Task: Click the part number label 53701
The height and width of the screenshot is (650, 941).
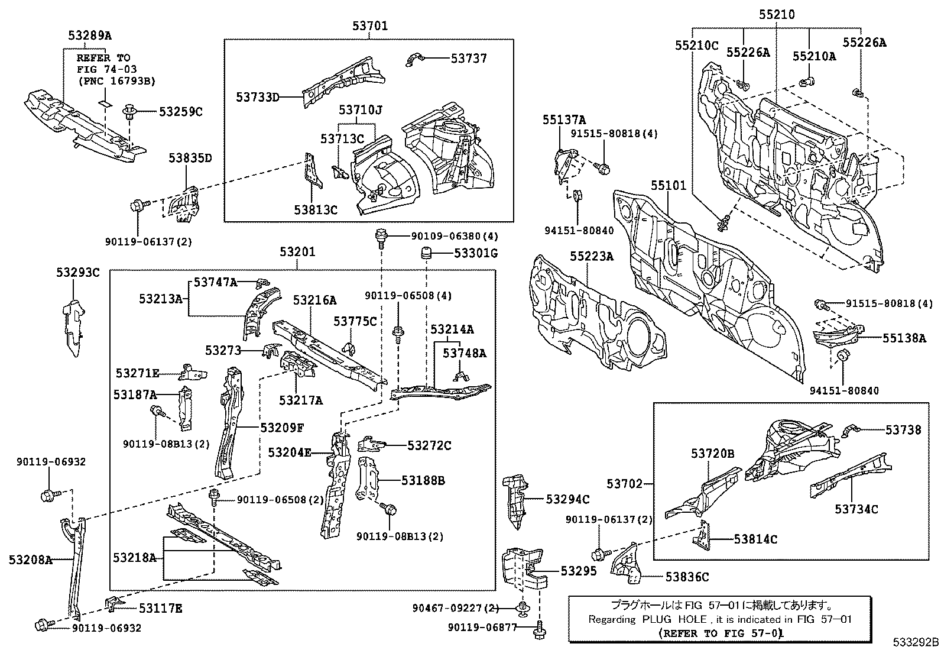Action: pos(370,26)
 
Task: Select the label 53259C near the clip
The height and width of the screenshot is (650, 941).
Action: pos(180,111)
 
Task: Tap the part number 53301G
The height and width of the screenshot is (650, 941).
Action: pos(476,254)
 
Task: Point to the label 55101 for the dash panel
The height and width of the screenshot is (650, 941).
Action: pos(669,186)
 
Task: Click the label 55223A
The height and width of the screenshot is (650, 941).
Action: pos(592,256)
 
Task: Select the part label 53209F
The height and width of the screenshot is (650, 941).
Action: pos(282,427)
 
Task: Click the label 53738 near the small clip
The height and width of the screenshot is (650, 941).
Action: pos(903,430)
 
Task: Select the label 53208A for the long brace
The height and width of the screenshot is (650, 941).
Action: pos(30,560)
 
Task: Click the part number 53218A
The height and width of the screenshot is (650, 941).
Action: pos(135,558)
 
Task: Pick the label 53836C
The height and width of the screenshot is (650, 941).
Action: pos(687,577)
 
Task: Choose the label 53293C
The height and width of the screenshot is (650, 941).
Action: pos(78,273)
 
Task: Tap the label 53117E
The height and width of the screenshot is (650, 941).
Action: pos(161,607)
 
